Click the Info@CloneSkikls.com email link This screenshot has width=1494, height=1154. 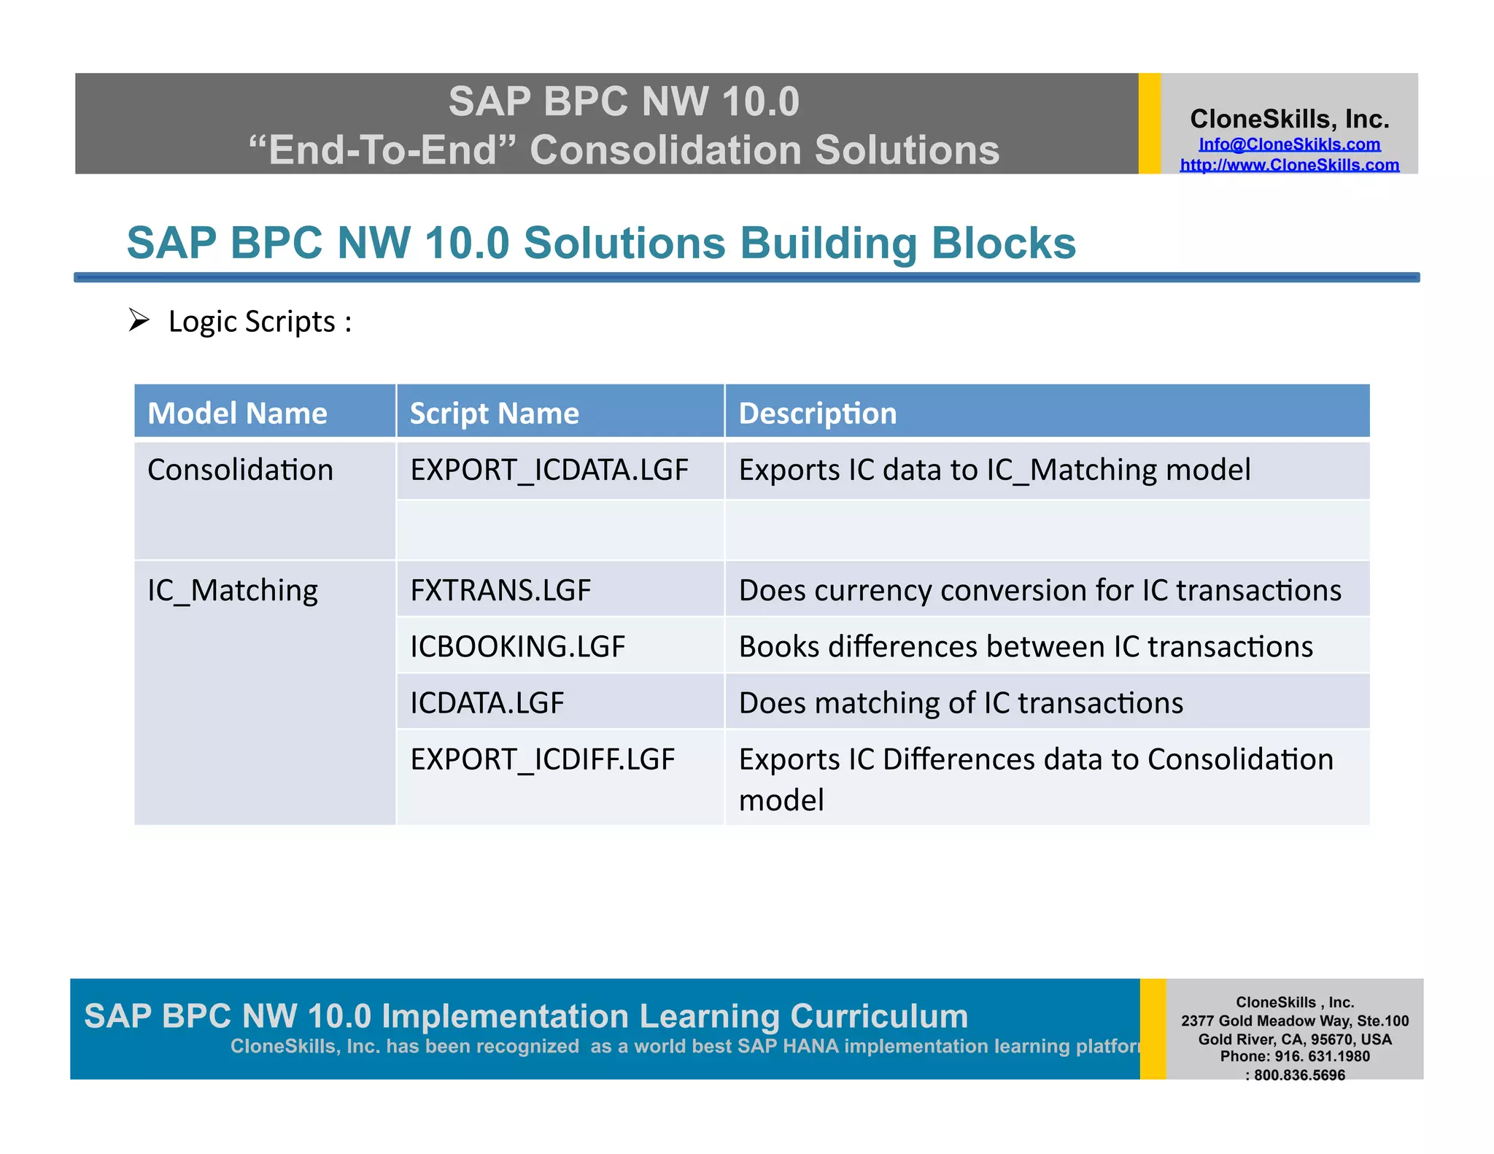pos(1289,144)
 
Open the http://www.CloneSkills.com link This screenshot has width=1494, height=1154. pos(1289,165)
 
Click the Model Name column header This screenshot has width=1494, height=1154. pos(237,413)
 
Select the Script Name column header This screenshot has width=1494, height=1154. pos(494,413)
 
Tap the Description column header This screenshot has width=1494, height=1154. pos(817,413)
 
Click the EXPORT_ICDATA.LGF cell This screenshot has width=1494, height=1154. pos(549,470)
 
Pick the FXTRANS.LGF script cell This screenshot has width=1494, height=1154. pos(500,590)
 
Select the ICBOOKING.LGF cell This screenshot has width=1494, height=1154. pos(517,646)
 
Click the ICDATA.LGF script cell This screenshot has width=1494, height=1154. pos(487,702)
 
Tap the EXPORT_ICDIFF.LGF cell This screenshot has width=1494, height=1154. pos(542,759)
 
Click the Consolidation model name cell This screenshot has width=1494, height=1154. pos(240,470)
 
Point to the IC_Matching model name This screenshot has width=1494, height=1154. pos(232,590)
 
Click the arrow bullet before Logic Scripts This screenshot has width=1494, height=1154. pos(139,320)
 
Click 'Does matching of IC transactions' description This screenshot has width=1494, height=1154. pos(960,702)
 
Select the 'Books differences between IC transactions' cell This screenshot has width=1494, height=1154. pos(1025,646)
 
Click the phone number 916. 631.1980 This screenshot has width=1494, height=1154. pos(1322,1056)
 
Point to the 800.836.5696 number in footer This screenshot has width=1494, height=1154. pos(1298,1074)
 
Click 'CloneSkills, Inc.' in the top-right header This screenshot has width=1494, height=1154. pos(1289,119)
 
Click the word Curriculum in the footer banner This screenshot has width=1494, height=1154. pos(878,1016)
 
